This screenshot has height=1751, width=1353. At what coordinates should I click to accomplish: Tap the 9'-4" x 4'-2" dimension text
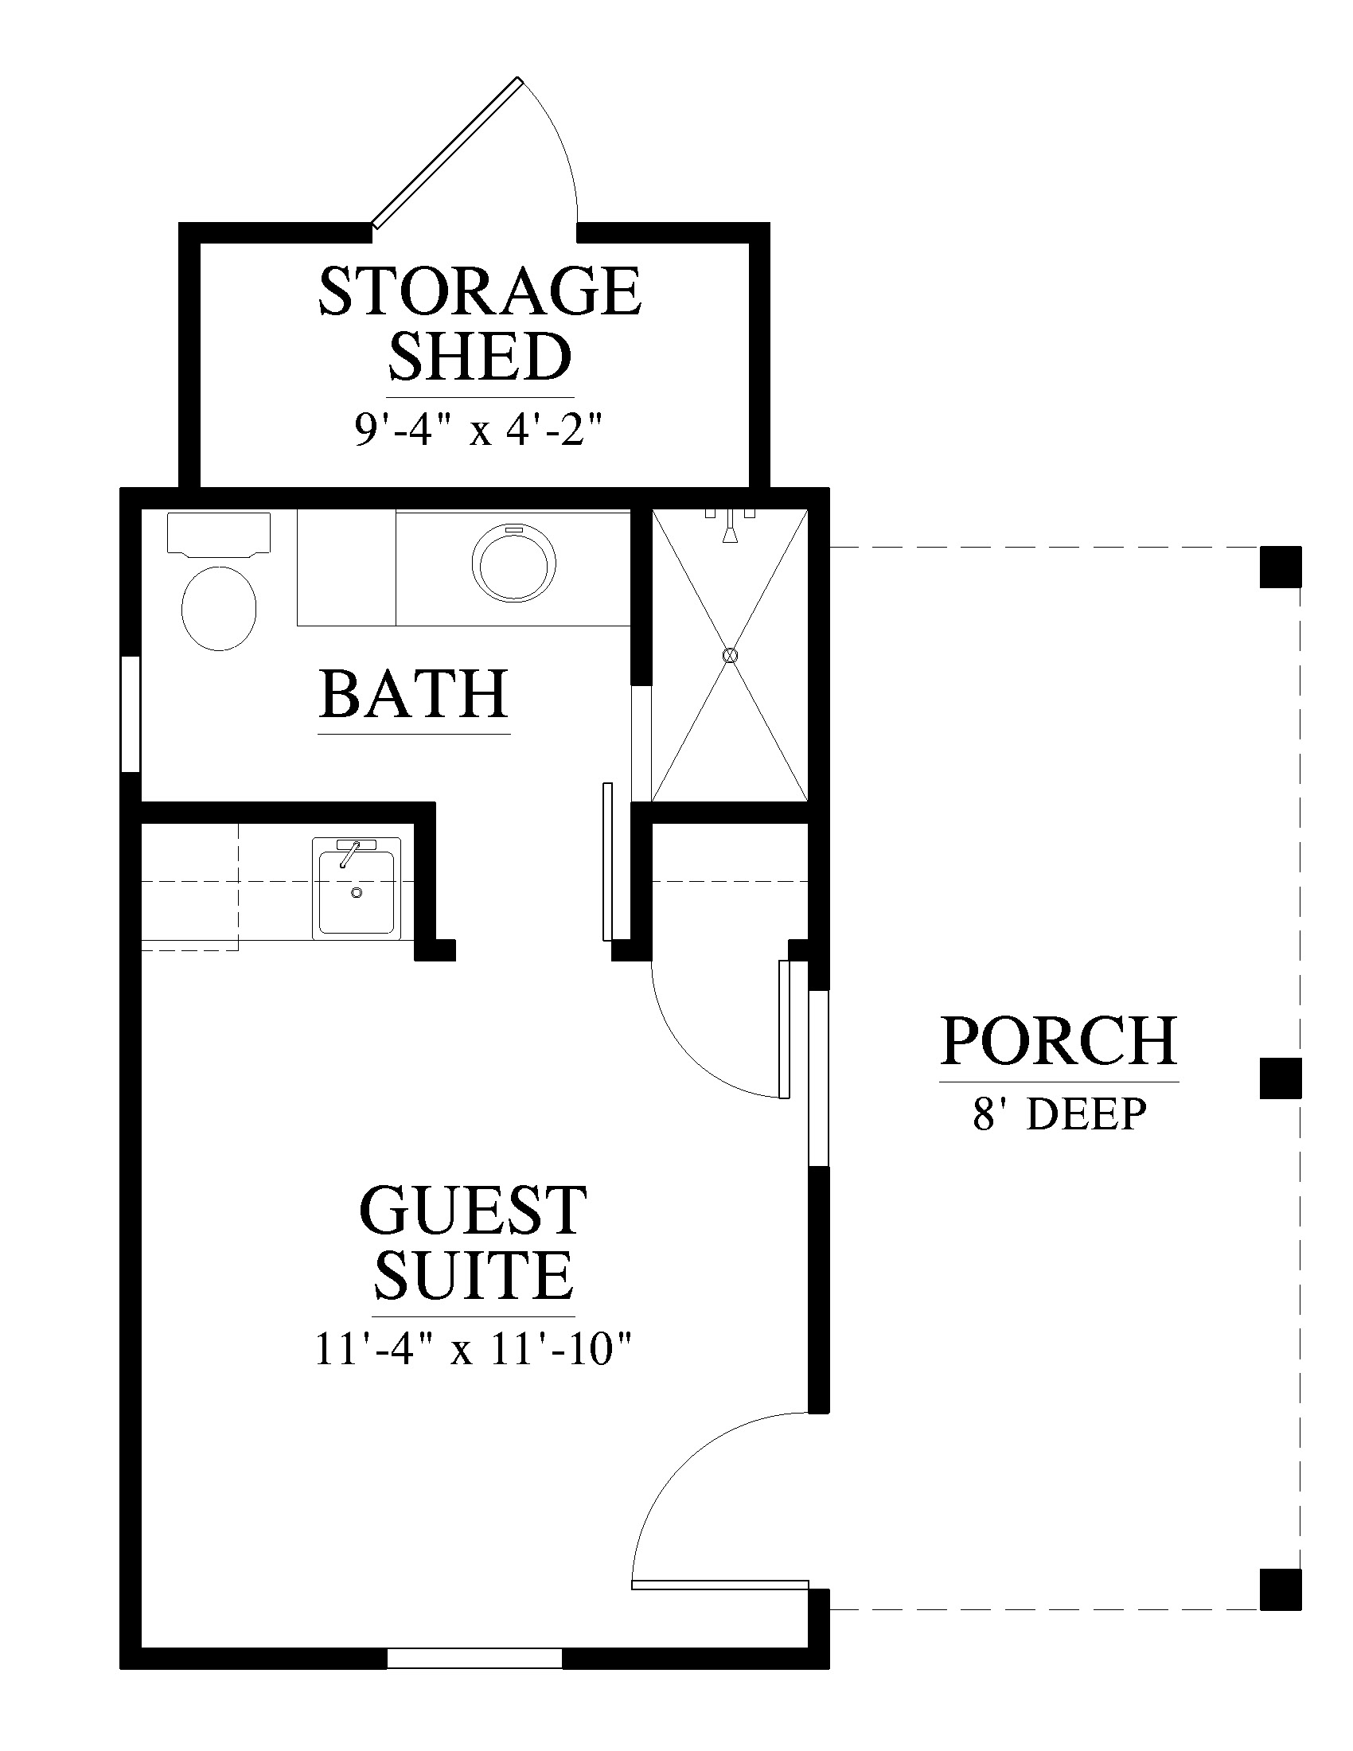(x=478, y=431)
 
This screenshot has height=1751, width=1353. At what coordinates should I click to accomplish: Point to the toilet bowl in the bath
(x=219, y=608)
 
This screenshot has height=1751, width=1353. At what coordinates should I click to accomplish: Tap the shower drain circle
(x=729, y=655)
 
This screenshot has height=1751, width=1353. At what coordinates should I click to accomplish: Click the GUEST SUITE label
(x=473, y=1254)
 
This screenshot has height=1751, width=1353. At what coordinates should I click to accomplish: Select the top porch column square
(x=1280, y=567)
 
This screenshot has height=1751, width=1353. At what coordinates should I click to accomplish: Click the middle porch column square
(x=1280, y=1078)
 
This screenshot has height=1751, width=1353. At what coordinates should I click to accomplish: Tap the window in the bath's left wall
(x=131, y=715)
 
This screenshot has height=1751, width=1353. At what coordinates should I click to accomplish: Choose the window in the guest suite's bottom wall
(x=474, y=1658)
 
